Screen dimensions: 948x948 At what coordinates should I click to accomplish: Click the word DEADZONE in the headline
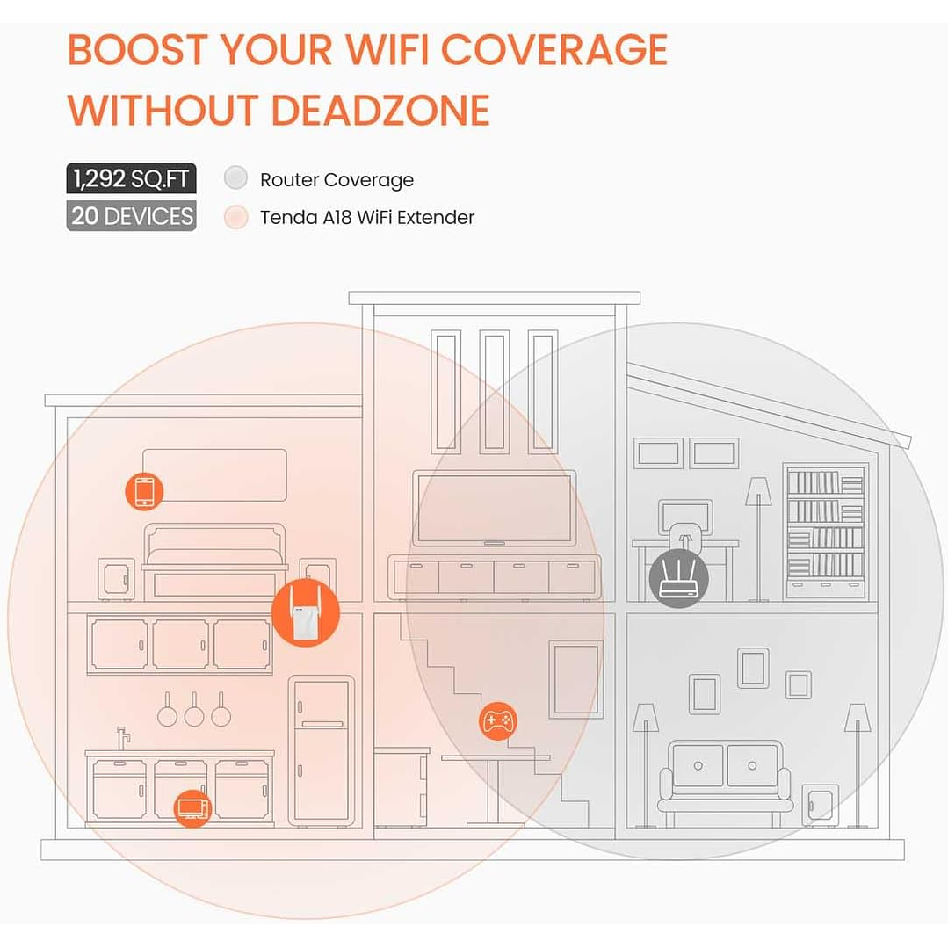380,111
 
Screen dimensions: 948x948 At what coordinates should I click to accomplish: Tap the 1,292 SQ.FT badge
131,179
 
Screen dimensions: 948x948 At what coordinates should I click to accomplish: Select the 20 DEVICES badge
131,216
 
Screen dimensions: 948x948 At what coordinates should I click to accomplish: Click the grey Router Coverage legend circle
235,179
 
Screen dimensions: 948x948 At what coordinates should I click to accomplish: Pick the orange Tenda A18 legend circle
235,217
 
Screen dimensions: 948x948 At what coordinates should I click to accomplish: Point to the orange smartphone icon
144,490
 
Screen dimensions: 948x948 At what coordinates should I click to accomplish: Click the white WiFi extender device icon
305,615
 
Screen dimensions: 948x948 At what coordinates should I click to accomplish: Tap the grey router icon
678,579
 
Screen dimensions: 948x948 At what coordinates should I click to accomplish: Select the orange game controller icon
498,721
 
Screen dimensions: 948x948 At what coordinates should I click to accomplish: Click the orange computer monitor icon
192,807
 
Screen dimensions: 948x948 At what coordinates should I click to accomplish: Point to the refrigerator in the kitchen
321,751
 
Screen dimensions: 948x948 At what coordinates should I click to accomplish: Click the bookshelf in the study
825,531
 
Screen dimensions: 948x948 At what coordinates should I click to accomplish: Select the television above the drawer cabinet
495,509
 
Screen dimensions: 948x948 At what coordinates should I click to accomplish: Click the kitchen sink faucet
122,736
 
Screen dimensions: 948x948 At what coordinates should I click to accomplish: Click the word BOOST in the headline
136,49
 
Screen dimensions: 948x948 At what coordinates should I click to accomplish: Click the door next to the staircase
575,679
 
